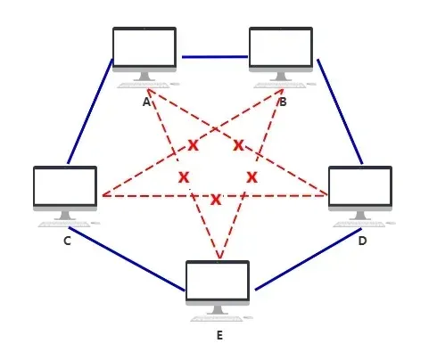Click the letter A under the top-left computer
pyautogui.click(x=146, y=102)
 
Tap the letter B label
pyautogui.click(x=283, y=102)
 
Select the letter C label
pyautogui.click(x=67, y=241)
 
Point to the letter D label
pyautogui.click(x=362, y=241)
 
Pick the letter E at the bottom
pyautogui.click(x=219, y=335)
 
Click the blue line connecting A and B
pyautogui.click(x=215, y=57)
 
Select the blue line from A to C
pyautogui.click(x=90, y=111)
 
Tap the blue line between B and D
pyautogui.click(x=340, y=111)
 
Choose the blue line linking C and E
pyautogui.click(x=127, y=259)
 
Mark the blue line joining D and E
pyautogui.click(x=309, y=259)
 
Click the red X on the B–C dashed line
pyautogui.click(x=194, y=145)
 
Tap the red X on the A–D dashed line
pyautogui.click(x=238, y=145)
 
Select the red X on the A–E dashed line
pyautogui.click(x=184, y=177)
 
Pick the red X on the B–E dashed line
pyautogui.click(x=252, y=177)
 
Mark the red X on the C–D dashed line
pyautogui.click(x=216, y=200)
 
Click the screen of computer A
pyautogui.click(x=144, y=47)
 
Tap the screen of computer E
pyautogui.click(x=218, y=281)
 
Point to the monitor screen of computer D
pyautogui.click(x=360, y=186)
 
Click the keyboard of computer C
pyautogui.click(x=64, y=225)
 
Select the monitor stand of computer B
pyautogui.click(x=281, y=77)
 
